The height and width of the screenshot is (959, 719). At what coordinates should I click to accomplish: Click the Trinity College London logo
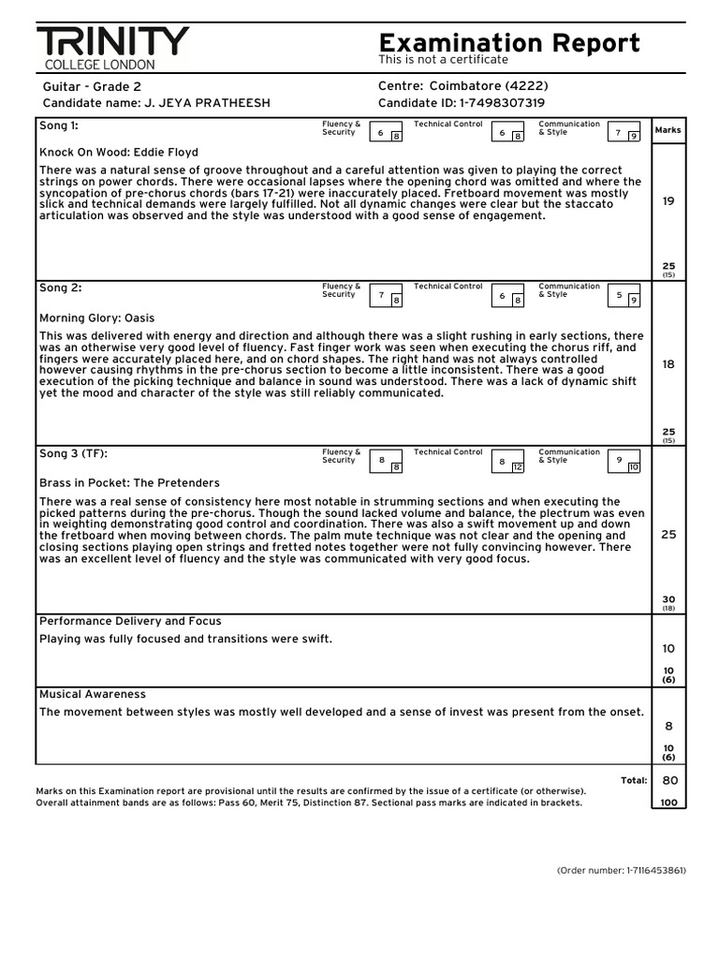112,48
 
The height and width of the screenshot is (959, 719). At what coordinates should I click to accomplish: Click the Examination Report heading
509,42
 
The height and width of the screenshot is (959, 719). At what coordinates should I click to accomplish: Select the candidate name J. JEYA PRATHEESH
207,103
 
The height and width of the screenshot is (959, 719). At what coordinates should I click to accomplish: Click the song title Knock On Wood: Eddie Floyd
119,152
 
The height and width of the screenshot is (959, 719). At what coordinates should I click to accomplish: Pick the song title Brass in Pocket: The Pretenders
129,483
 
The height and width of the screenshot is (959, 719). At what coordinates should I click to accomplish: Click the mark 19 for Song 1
668,200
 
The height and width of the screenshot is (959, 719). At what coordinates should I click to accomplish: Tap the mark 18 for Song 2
668,364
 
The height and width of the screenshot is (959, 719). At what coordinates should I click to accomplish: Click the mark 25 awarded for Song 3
668,534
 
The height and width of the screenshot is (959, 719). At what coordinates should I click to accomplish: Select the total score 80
669,780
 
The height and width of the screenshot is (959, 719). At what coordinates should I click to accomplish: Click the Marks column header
668,130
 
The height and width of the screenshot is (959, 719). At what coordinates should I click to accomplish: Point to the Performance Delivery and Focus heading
130,621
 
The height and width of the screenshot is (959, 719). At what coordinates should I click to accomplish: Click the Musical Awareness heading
93,694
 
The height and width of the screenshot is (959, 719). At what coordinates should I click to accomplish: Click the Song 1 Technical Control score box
507,134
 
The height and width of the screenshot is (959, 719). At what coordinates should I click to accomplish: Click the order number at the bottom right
621,870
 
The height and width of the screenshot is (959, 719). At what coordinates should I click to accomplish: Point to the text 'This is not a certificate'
443,60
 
